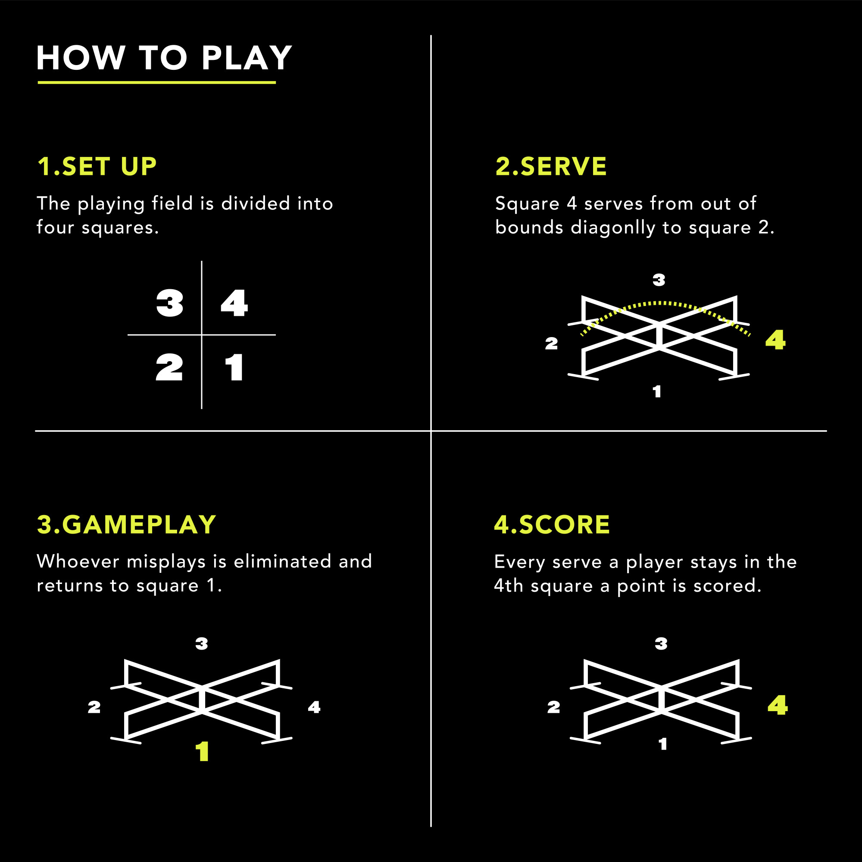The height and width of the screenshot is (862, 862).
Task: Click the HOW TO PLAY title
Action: pos(164,58)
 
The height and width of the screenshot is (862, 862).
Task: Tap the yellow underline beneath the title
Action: pos(156,82)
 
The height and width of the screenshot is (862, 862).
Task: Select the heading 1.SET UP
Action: pos(97,166)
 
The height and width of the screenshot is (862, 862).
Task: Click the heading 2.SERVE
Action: pos(551,166)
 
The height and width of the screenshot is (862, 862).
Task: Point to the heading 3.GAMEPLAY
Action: pos(127,524)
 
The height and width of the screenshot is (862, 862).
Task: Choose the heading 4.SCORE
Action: pos(552,524)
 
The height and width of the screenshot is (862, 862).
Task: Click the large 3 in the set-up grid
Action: pos(169,303)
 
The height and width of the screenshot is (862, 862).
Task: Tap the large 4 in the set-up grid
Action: pos(234,303)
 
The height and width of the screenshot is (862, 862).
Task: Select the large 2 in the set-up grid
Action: pos(169,367)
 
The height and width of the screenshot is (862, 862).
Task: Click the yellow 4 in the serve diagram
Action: pos(775,340)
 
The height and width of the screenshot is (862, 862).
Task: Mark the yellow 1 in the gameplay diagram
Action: pos(203,751)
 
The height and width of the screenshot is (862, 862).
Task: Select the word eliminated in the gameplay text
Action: pos(282,561)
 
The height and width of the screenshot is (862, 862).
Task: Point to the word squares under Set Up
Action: pos(120,228)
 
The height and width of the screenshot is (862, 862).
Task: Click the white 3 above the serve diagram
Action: pos(659,280)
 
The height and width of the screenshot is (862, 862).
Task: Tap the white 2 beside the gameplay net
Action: pos(94,707)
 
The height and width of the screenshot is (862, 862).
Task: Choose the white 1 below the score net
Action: pos(663,744)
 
